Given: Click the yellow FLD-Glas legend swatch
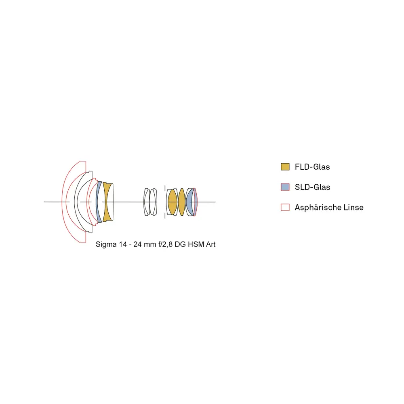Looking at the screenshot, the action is pos(285,167).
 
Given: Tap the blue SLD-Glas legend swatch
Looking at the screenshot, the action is pos(285,187).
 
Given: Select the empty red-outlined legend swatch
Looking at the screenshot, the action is pos(285,207).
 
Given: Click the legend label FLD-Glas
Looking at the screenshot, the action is pos(312,167).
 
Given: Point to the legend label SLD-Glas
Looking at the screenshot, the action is pos(313,187).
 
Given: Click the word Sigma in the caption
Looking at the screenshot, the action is pos(106,244).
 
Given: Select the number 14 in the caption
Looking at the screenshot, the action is pos(123,244).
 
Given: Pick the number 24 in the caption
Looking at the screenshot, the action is pos(138,244).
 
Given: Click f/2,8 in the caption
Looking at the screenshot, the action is pos(165,244).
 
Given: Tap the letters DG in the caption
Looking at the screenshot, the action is pos(180,244).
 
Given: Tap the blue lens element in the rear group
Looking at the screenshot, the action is pos(190,202).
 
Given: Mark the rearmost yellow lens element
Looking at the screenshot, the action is pos(182,202).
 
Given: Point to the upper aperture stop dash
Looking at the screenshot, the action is pos(165,188).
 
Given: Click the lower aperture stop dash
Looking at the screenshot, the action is pos(165,215).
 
